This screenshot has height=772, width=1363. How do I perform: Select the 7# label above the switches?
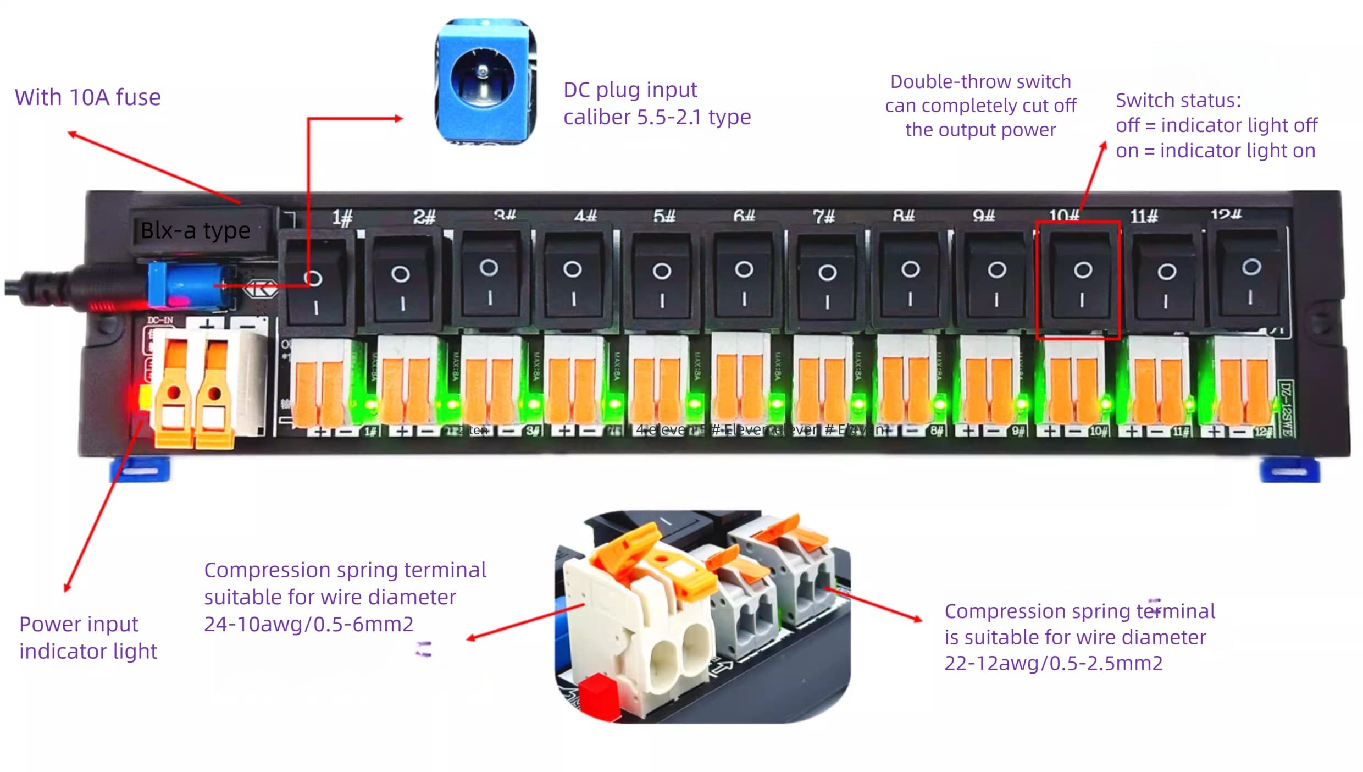pyautogui.click(x=823, y=216)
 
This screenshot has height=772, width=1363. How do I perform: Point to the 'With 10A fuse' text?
pyautogui.click(x=88, y=97)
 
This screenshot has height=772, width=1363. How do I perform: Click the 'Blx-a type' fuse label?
pyautogui.click(x=195, y=230)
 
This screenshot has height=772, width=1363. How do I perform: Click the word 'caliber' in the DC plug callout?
pyautogui.click(x=597, y=117)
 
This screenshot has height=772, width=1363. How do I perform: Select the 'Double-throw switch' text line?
pyautogui.click(x=980, y=81)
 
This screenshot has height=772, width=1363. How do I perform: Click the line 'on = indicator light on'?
pyautogui.click(x=1215, y=151)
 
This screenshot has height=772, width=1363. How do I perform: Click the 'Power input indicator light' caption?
pyautogui.click(x=88, y=637)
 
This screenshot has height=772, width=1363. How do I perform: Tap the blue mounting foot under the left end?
pyautogui.click(x=140, y=471)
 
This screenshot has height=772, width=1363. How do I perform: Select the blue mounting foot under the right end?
pyautogui.click(x=1289, y=471)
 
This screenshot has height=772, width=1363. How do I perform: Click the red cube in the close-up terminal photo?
pyautogui.click(x=598, y=697)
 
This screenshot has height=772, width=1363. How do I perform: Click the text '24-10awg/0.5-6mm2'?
pyautogui.click(x=308, y=624)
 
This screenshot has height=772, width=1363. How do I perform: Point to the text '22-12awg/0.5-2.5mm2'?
pyautogui.click(x=1053, y=663)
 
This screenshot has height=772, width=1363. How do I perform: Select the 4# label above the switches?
pyautogui.click(x=585, y=216)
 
